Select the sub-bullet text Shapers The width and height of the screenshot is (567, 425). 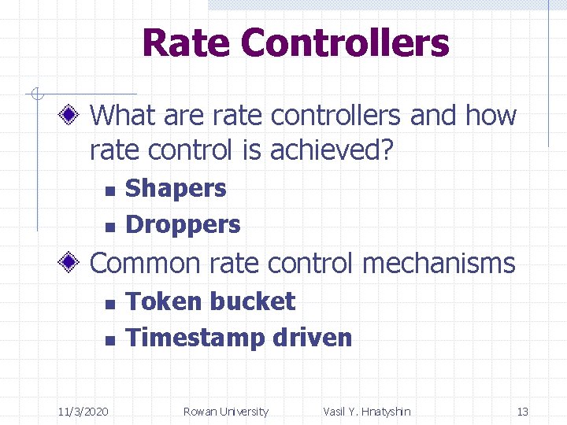[x=176, y=189]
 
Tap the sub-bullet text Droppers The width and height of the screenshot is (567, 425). [x=183, y=225]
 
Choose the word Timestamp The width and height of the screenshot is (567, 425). [x=195, y=338]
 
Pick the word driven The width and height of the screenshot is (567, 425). [x=312, y=338]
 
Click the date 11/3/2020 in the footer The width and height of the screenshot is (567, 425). [x=84, y=412]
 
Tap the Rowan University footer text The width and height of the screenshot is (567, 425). [x=225, y=412]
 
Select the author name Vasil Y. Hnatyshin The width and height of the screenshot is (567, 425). [x=367, y=412]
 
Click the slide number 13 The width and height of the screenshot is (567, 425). [x=522, y=412]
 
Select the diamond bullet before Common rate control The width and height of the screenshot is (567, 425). [x=70, y=263]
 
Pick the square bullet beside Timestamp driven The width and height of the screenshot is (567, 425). [x=109, y=340]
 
